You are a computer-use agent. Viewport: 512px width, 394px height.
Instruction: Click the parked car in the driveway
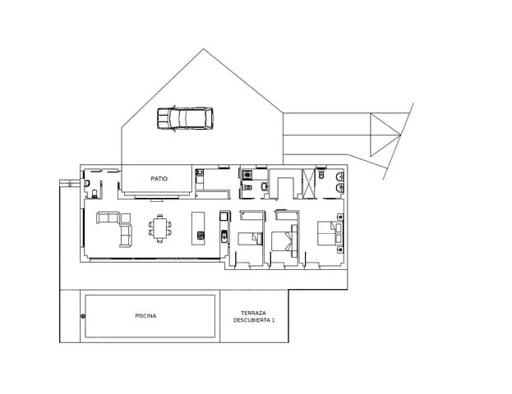point(185,119)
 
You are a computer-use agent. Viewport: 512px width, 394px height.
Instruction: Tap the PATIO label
point(159,178)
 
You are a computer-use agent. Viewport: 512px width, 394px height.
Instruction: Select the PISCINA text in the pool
point(145,316)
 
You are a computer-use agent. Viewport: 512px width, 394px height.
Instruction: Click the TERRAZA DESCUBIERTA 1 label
point(253,316)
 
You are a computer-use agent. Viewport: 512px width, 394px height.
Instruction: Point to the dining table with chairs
point(161,227)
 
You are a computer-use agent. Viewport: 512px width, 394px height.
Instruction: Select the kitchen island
point(199,227)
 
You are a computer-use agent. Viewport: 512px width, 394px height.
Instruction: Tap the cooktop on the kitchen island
point(200,236)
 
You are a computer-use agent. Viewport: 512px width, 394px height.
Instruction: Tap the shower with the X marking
point(309,182)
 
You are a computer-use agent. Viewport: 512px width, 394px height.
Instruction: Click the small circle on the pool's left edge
point(83,317)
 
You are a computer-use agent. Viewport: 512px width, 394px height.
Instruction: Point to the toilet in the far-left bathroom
point(96,194)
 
